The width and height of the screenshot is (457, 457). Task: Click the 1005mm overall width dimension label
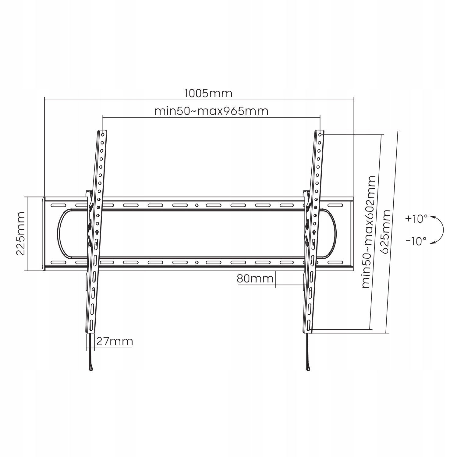pos(208,93)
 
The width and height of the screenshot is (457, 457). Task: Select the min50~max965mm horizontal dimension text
pos(211,111)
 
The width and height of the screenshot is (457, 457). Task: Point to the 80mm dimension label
pos(255,278)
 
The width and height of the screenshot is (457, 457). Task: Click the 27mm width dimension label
pos(115,342)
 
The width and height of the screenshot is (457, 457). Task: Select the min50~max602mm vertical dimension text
pos(369,232)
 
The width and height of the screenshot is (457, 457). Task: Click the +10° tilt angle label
pos(416,218)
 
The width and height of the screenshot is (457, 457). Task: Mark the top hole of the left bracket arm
pos(103,134)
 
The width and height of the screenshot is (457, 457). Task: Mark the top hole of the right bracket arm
pos(320,134)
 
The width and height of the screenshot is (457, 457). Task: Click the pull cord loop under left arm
pos(91,369)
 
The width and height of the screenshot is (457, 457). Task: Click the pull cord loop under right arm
pos(309,369)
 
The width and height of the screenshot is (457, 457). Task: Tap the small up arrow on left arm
pos(97,232)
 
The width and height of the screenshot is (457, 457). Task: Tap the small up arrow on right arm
pos(314,232)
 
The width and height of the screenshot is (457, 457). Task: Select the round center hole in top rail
pos(197,205)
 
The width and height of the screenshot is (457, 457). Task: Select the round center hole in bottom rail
pos(197,262)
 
